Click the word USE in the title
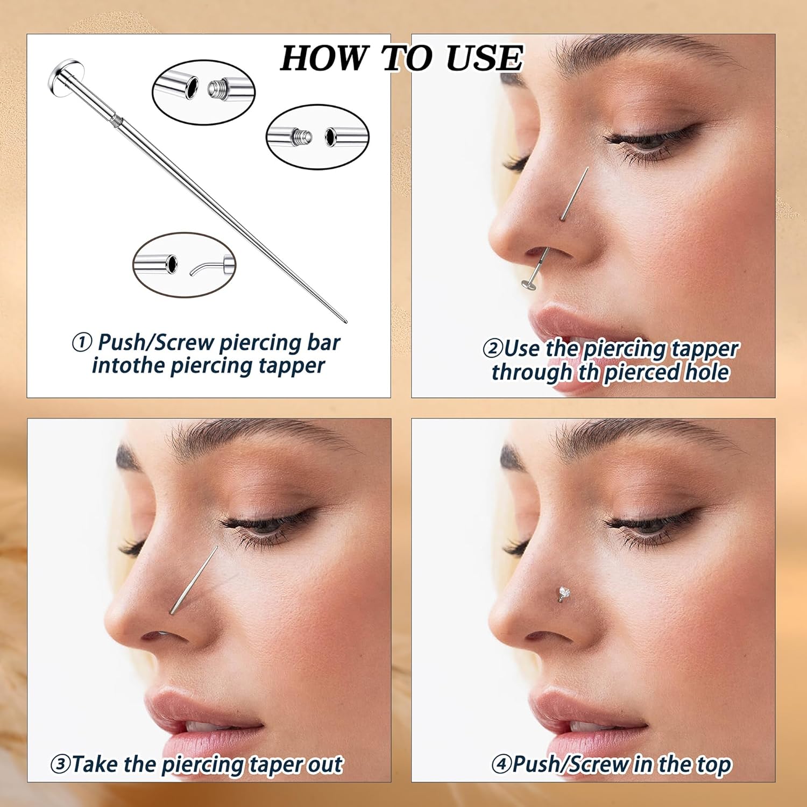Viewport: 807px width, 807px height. point(484,58)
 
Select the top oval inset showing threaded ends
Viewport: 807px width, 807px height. point(203,92)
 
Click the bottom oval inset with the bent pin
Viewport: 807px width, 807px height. point(184,264)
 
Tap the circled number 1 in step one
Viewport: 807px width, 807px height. point(82,342)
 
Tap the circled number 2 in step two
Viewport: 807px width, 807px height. point(492,349)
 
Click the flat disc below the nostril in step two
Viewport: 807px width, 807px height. point(529,284)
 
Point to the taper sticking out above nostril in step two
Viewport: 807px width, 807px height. point(575,193)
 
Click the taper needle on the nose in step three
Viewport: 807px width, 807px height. point(194,581)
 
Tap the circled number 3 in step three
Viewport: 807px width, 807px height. point(60,764)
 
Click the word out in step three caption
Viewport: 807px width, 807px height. point(325,764)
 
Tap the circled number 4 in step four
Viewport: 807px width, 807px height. point(501,764)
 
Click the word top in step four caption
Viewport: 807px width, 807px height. point(713,765)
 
